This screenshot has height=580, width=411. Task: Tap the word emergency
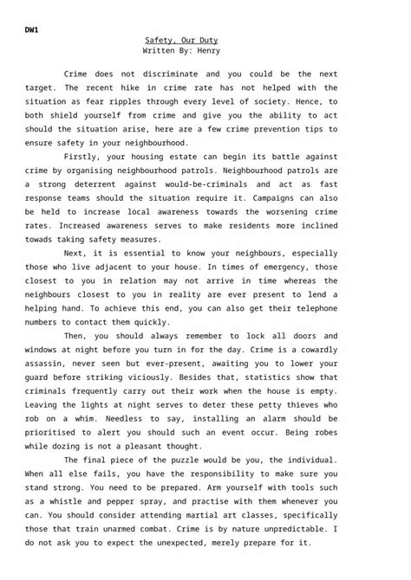pyautogui.click(x=275, y=267)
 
